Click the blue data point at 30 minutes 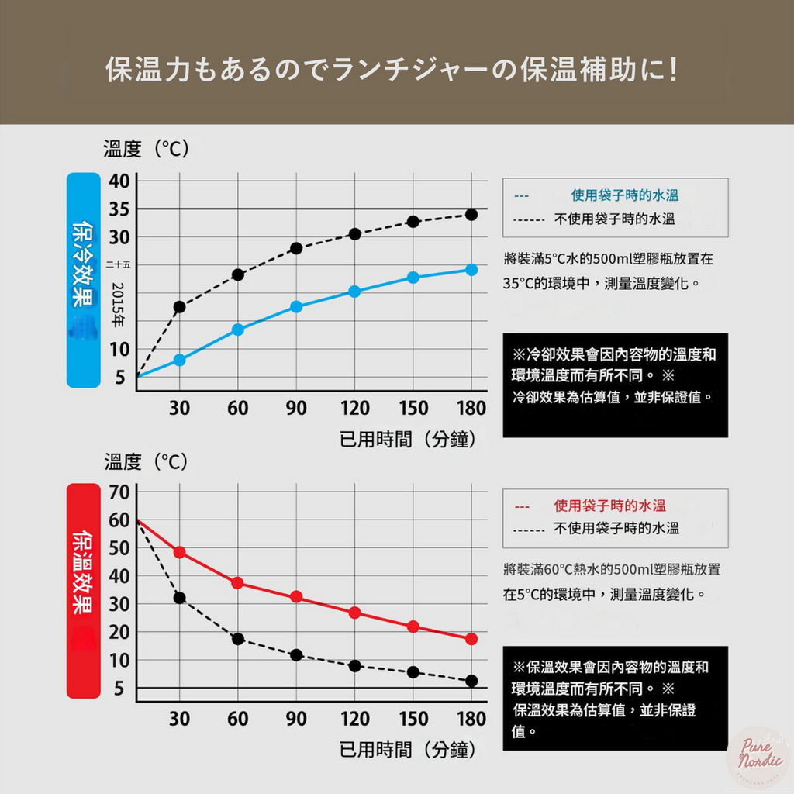point(179,360)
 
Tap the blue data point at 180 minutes point(471,269)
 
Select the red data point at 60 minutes point(238,583)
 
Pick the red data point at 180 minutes point(471,639)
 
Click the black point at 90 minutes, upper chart point(296,248)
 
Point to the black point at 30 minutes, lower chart point(179,598)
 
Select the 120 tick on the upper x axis point(354,409)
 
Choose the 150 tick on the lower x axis point(413,720)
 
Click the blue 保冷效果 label point(83,279)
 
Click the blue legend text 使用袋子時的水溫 point(625,196)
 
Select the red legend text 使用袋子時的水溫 point(609,506)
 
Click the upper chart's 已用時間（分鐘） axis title point(407,440)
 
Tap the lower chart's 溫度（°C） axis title point(146,462)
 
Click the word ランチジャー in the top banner point(411,71)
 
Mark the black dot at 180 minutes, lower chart point(471,681)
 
